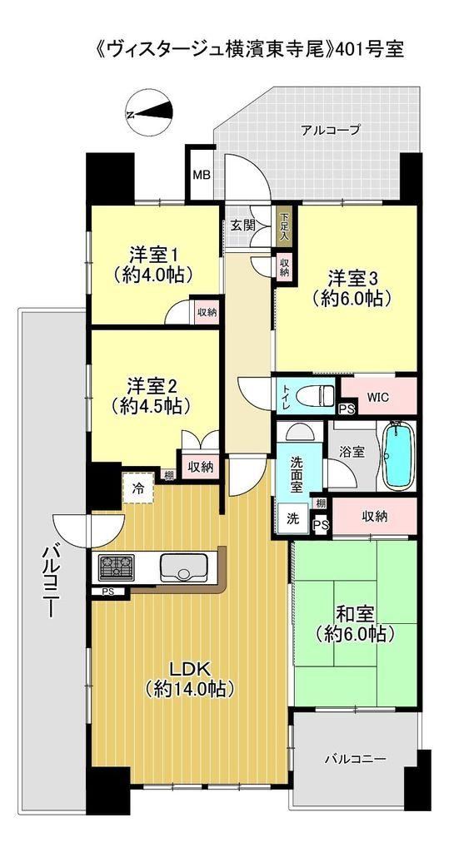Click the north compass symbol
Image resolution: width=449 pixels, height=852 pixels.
point(148,112)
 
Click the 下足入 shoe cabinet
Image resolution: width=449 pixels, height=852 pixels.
point(284,226)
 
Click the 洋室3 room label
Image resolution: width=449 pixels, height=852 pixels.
point(352,278)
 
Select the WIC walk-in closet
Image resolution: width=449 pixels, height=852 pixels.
point(377,396)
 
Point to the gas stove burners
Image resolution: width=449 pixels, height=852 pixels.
point(116,567)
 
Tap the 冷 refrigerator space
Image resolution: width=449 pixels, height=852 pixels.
point(138,488)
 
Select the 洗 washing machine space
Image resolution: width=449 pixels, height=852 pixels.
point(292,518)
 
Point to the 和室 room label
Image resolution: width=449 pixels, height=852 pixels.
point(354,615)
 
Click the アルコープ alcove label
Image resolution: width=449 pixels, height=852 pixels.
point(330,131)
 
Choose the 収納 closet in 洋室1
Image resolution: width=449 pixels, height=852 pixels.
point(207,311)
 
